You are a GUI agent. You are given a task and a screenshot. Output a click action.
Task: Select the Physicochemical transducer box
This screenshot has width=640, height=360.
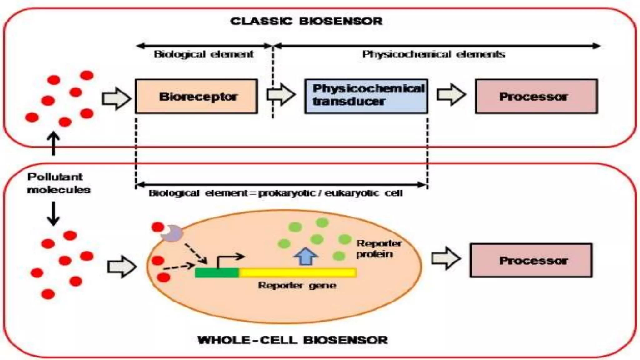366,96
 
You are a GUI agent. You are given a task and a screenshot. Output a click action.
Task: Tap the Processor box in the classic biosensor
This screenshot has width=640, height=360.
536,96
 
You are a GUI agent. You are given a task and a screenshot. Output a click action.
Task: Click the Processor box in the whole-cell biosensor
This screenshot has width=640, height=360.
531,260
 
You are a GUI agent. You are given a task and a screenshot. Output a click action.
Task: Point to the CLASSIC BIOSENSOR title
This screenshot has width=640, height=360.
306,21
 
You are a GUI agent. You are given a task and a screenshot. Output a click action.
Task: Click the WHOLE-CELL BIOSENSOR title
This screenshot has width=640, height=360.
292,340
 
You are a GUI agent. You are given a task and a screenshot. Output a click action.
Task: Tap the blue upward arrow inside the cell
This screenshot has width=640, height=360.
306,256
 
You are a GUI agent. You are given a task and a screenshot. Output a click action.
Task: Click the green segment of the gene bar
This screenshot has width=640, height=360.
217,273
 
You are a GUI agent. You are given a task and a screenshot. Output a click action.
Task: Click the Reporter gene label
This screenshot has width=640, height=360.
297,286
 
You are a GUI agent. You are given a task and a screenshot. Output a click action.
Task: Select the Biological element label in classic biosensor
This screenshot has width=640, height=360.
204,54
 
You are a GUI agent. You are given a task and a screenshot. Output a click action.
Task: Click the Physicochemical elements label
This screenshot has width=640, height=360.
433,54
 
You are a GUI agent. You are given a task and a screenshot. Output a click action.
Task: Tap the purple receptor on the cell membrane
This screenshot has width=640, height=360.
172,233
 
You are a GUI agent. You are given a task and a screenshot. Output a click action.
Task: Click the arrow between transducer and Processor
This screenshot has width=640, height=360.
451,94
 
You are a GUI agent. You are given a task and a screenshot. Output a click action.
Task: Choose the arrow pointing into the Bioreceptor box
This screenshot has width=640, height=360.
116,98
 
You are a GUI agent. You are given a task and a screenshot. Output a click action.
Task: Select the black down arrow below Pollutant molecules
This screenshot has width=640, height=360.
53,214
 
